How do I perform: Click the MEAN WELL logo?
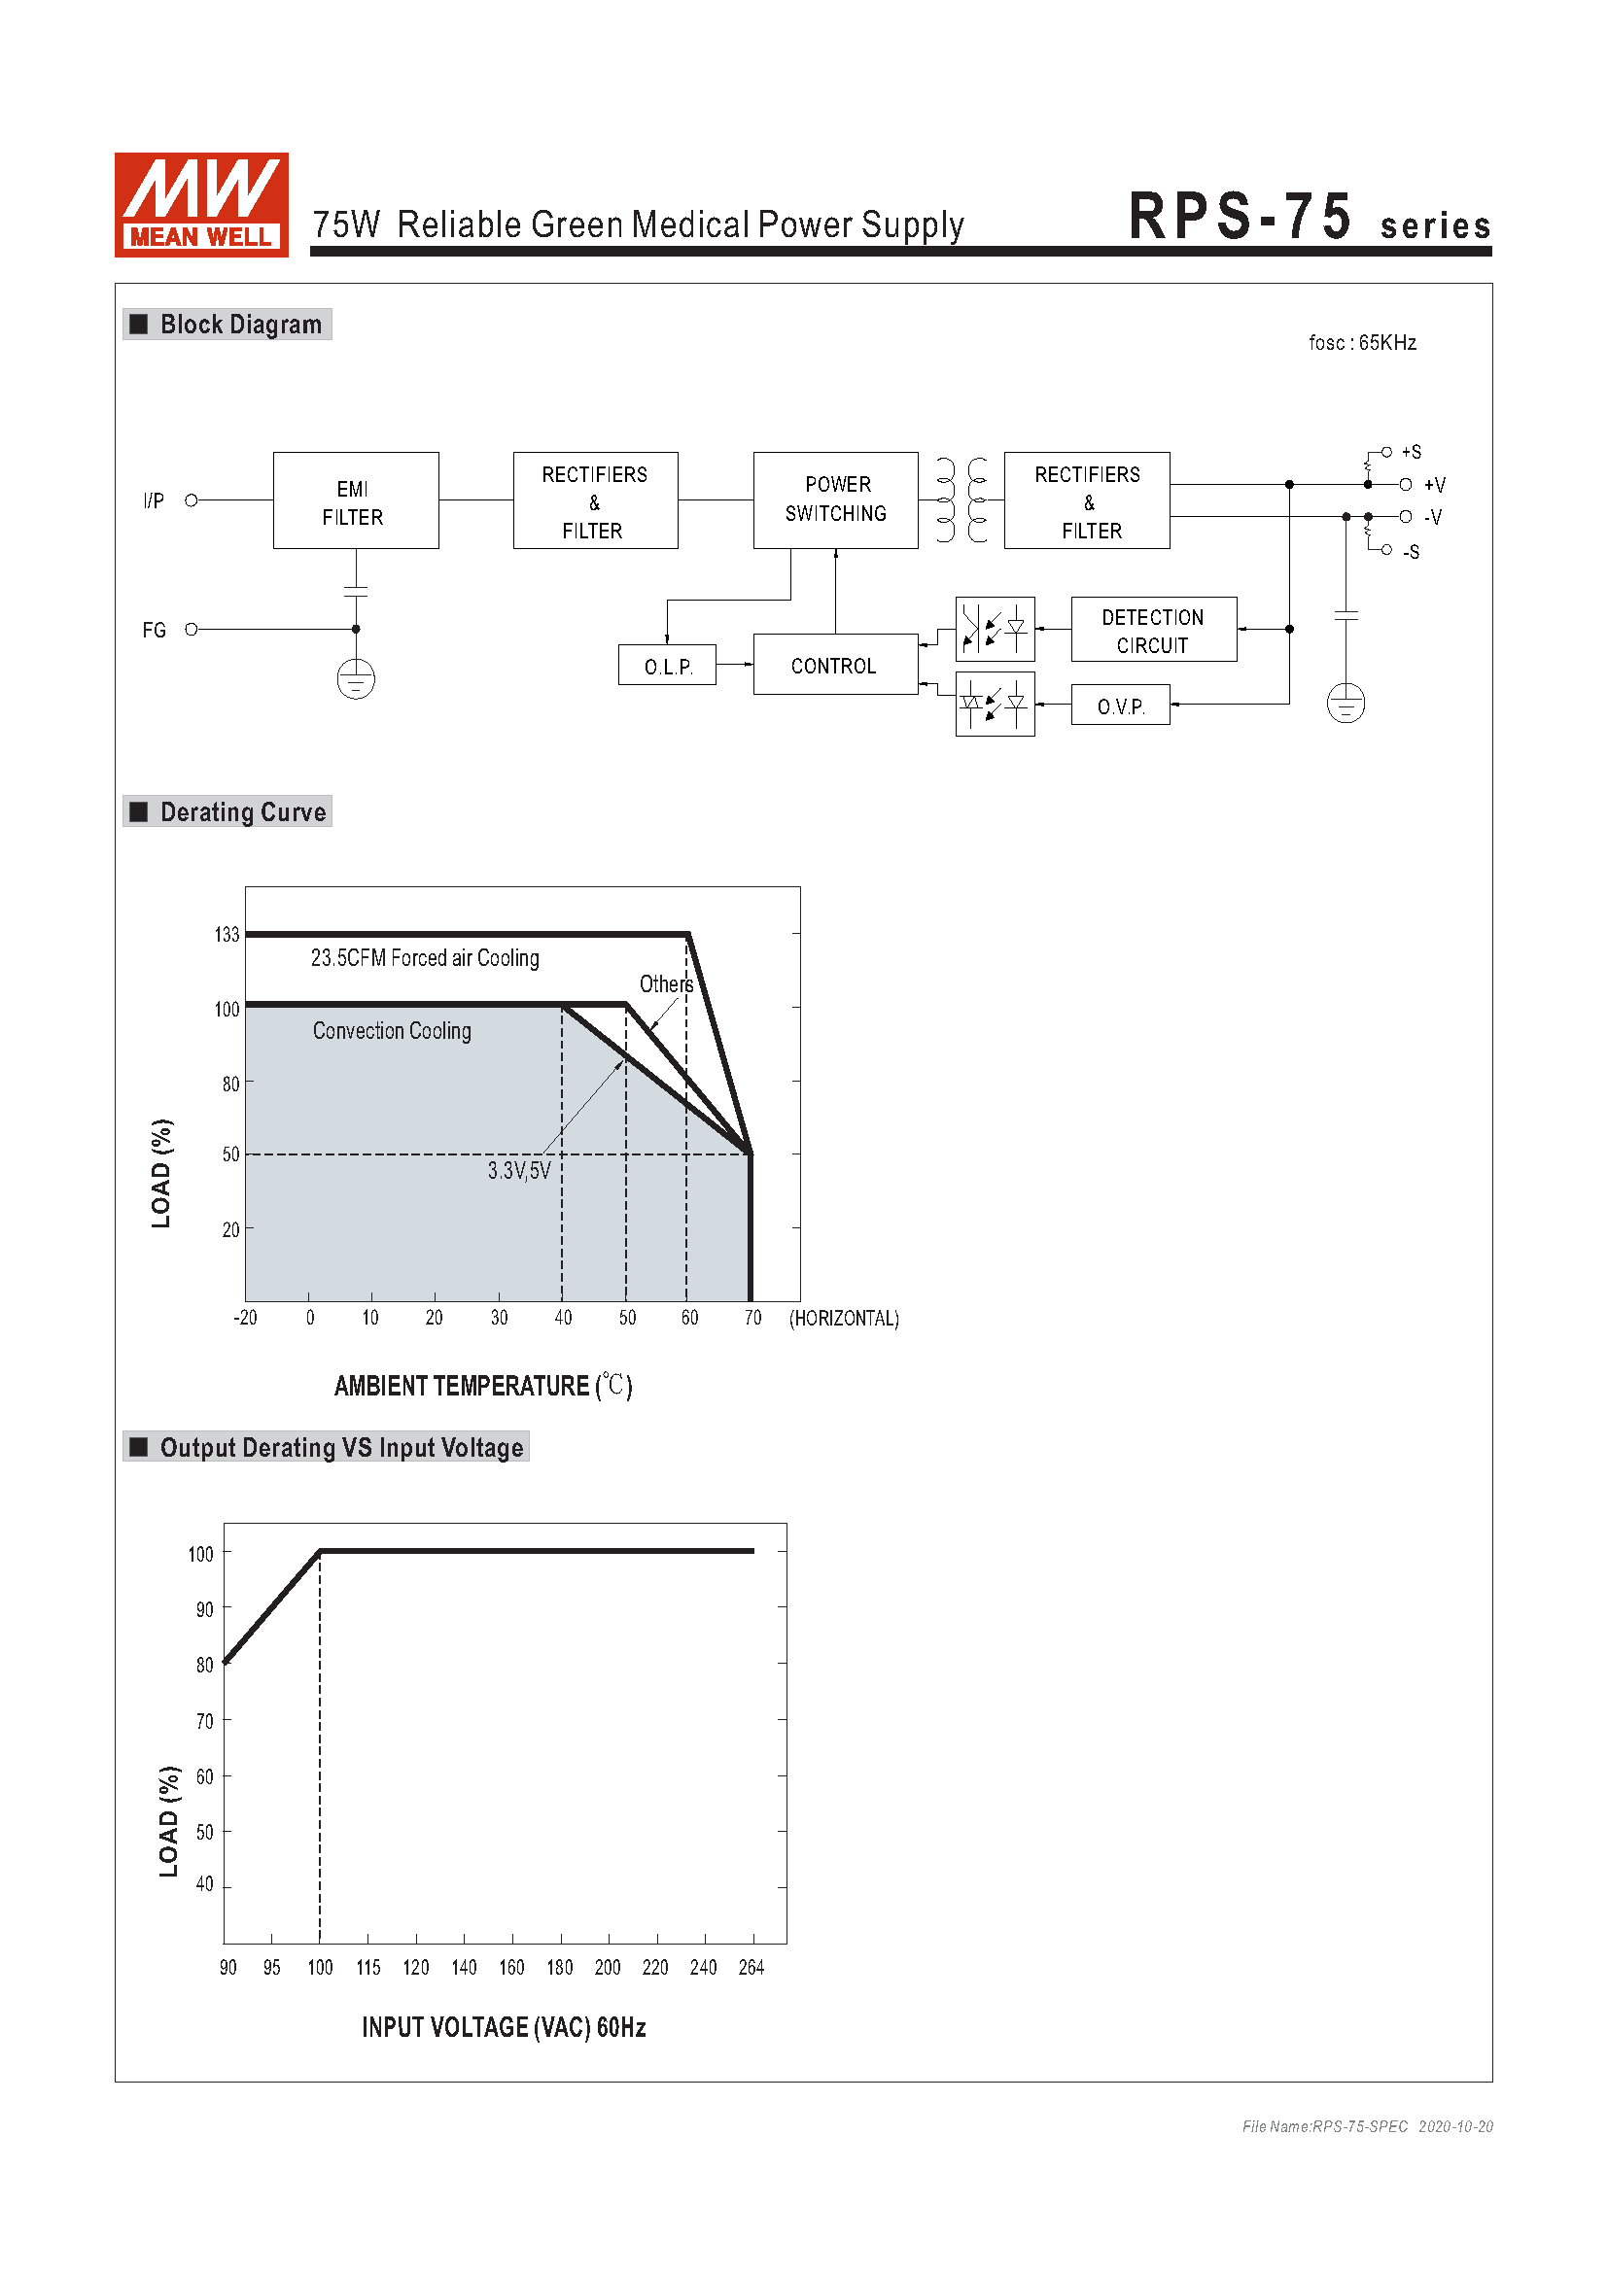coord(201,204)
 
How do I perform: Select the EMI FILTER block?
coord(356,500)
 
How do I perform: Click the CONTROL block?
coord(835,666)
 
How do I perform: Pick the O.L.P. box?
coord(666,666)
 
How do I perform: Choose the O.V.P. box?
coord(1120,705)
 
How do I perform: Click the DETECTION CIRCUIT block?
coord(1153,630)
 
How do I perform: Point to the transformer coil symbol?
coord(961,499)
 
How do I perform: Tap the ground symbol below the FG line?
coord(356,679)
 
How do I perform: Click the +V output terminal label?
coord(1434,485)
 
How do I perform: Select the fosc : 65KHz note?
coord(1361,342)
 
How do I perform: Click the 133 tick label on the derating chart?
coord(227,935)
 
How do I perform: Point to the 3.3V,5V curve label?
coord(519,1171)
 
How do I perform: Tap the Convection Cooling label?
coord(392,1030)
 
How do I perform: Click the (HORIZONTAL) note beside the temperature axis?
coord(844,1318)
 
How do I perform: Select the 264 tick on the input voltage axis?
coord(751,1967)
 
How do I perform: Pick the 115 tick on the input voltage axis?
coord(368,1967)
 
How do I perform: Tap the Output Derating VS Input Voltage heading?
coord(340,1447)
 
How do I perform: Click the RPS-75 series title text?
coord(1308,218)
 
